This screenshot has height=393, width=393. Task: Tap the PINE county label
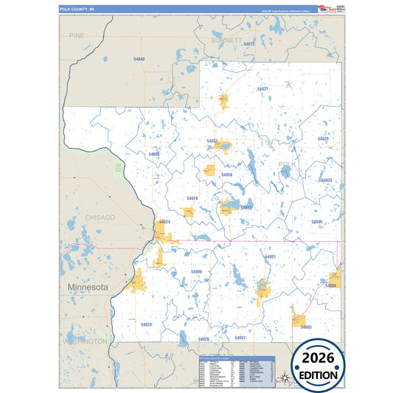click(77, 35)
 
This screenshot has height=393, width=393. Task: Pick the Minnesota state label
click(88, 286)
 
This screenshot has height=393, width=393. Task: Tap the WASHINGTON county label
click(85, 342)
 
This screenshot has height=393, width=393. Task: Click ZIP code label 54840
click(139, 58)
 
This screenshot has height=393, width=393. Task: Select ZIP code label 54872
click(248, 44)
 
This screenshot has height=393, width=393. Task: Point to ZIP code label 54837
click(262, 88)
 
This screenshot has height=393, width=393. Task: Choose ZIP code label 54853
click(212, 140)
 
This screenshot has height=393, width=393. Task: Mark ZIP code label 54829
click(323, 139)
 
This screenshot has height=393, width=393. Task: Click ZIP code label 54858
click(227, 175)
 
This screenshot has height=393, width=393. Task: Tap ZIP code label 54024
click(164, 221)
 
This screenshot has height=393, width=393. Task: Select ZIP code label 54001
click(270, 256)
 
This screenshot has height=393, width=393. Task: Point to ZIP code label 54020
click(146, 324)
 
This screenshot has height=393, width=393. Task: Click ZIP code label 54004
click(331, 285)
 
